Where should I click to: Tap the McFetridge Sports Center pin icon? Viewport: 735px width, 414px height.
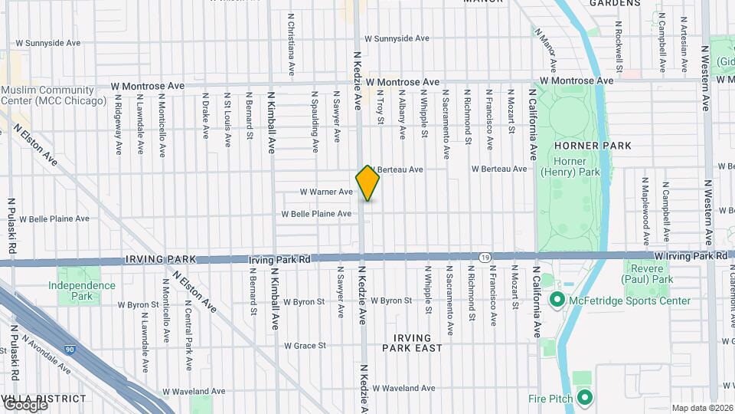coord(557,299)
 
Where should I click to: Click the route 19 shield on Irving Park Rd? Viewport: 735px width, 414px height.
coord(485,257)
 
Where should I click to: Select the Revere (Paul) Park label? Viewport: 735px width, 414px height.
coord(648,286)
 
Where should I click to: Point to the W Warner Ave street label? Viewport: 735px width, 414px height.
coord(325,192)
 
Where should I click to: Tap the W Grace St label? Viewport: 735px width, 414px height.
coord(305,346)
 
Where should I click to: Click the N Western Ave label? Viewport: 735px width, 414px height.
coord(706,79)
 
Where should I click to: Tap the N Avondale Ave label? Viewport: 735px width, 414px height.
coord(46,354)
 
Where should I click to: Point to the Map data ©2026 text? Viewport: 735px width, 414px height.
coord(702,408)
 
